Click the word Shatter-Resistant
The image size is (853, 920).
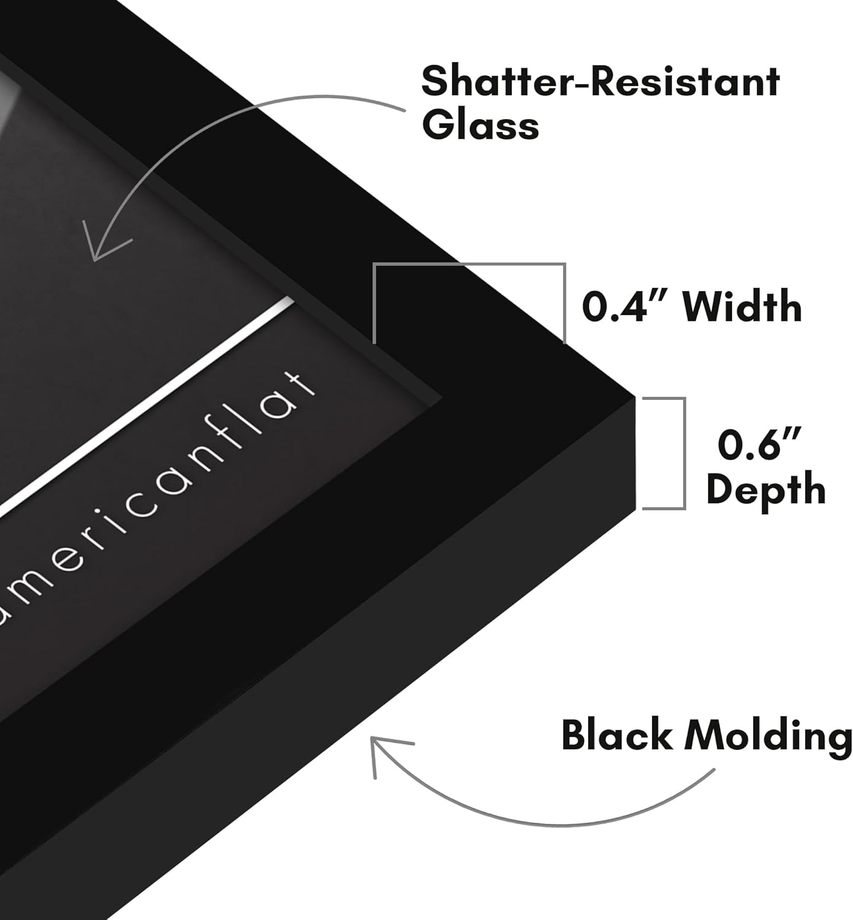click(600, 82)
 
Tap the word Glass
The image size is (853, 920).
click(481, 126)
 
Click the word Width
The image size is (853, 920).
click(742, 305)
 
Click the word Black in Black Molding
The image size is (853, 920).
click(617, 735)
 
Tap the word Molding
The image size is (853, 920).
click(768, 738)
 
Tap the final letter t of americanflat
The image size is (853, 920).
click(297, 388)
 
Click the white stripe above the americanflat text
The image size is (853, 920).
click(147, 405)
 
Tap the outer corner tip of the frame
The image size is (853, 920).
click(635, 397)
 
